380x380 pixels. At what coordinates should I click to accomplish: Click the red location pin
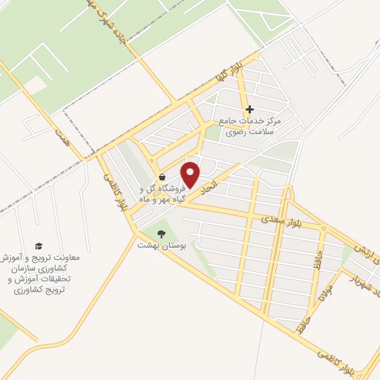point(191,174)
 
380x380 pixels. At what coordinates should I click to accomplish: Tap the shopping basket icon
point(163,177)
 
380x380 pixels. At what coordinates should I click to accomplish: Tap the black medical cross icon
point(249,109)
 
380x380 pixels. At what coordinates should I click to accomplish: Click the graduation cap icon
point(39,246)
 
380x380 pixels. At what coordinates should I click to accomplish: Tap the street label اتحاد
point(212,184)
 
